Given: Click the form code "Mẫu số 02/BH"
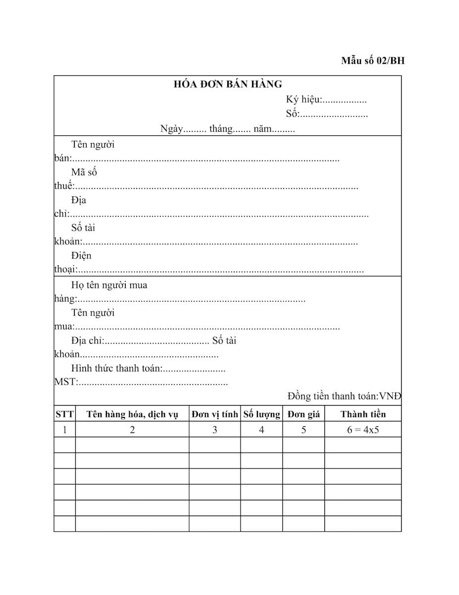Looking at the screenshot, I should pyautogui.click(x=372, y=61).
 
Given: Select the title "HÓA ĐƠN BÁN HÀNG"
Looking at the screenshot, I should pyautogui.click(x=228, y=84).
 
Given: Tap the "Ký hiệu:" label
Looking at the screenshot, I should pyautogui.click(x=304, y=100).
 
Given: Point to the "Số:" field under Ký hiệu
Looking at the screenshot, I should pyautogui.click(x=293, y=114).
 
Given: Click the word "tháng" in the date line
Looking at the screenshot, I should pyautogui.click(x=221, y=129).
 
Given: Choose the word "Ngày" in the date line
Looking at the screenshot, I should pyautogui.click(x=172, y=129).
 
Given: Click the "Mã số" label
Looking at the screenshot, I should pyautogui.click(x=84, y=173).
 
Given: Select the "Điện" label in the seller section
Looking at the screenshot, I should pyautogui.click(x=81, y=256).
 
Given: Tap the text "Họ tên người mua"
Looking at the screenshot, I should pyautogui.click(x=109, y=285).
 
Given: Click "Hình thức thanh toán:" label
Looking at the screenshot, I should pyautogui.click(x=117, y=368).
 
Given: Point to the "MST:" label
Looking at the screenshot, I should pyautogui.click(x=65, y=382).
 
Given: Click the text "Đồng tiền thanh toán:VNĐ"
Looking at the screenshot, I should pyautogui.click(x=344, y=396).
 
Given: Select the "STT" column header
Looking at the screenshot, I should pyautogui.click(x=64, y=414).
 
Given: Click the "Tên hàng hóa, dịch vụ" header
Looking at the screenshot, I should pyautogui.click(x=132, y=414).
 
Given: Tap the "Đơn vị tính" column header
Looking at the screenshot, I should pyautogui.click(x=215, y=414).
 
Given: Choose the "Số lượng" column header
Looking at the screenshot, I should pyautogui.click(x=261, y=414).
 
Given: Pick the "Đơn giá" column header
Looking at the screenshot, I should pyautogui.click(x=304, y=414).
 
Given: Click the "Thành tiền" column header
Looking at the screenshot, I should pyautogui.click(x=363, y=414).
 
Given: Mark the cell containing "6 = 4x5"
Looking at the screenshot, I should pyautogui.click(x=363, y=430).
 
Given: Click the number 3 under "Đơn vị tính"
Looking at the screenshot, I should pyautogui.click(x=214, y=430).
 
